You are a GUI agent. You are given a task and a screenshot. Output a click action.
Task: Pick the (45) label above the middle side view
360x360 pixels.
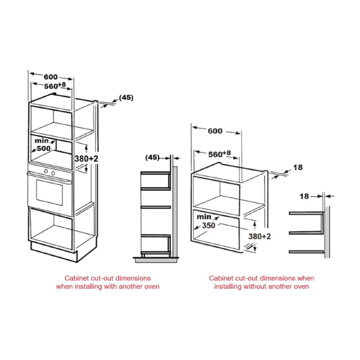click(x=152, y=157)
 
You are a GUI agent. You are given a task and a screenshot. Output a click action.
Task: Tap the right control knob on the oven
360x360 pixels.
click(x=53, y=172)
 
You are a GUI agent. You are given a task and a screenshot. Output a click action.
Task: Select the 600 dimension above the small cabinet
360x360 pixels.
click(x=215, y=131)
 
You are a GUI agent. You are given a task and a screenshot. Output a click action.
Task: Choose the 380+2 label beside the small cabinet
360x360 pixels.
click(x=260, y=236)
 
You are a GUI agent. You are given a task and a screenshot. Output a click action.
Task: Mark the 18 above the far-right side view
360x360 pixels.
click(x=304, y=196)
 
